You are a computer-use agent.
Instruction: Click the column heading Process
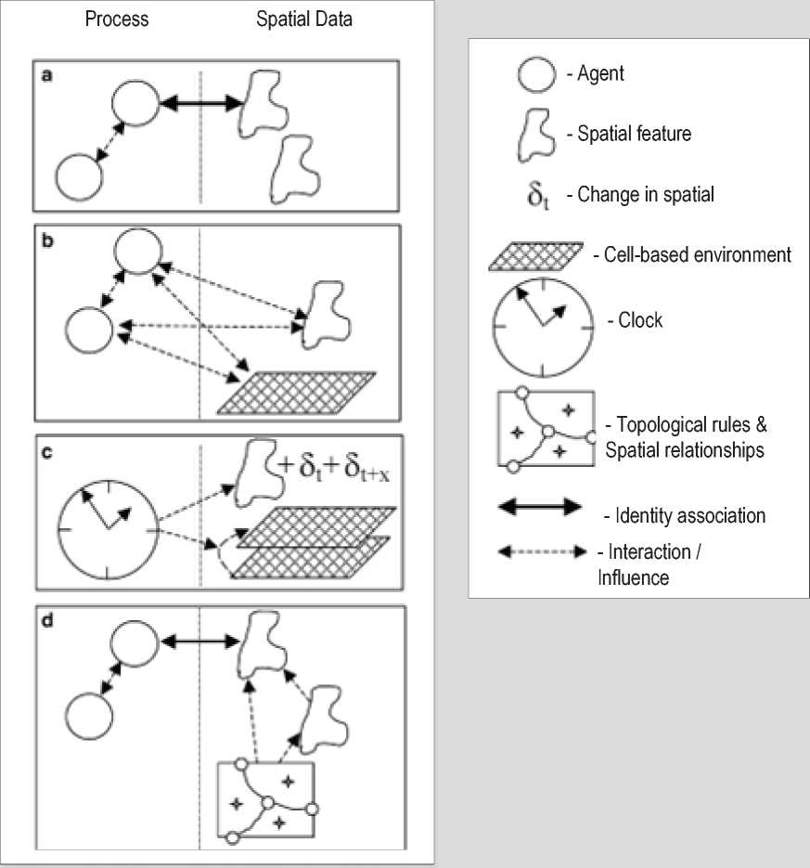pos(118,19)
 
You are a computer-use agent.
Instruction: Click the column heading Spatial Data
pos(304,19)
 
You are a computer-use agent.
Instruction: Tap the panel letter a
pos(45,75)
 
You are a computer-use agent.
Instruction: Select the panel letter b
pos(45,239)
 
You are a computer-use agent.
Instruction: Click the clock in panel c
pos(109,527)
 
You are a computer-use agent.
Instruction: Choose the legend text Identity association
pos(683,513)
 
